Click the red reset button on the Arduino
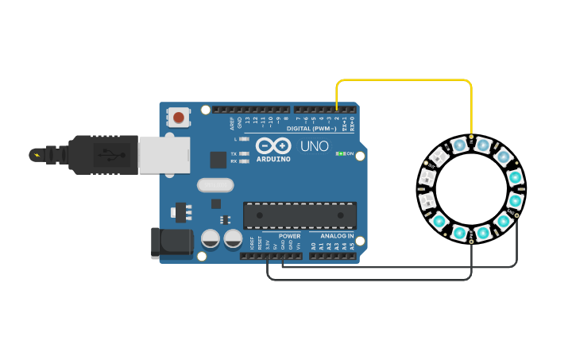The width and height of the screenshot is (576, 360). click(179, 118)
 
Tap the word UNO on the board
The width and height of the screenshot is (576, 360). click(314, 146)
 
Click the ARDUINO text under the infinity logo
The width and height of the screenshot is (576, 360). click(273, 159)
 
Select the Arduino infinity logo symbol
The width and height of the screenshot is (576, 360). click(273, 145)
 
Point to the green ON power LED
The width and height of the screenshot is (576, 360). click(340, 153)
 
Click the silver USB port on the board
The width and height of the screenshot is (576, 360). click(164, 154)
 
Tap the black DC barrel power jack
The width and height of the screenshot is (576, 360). click(171, 242)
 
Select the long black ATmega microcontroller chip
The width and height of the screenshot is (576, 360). click(300, 215)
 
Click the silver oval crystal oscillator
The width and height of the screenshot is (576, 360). click(215, 185)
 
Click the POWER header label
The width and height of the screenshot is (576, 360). click(290, 236)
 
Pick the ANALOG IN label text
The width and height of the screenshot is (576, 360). click(337, 236)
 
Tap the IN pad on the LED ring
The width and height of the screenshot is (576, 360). click(471, 137)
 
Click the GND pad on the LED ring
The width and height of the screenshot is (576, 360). click(517, 215)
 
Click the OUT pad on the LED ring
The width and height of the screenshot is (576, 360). click(426, 162)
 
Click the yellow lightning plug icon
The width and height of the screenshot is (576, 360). click(35, 154)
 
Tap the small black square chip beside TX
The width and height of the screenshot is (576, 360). click(218, 160)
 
